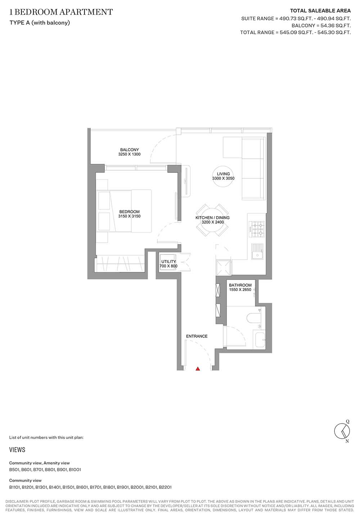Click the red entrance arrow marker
pyautogui.click(x=198, y=368)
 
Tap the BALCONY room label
pyautogui.click(x=129, y=150)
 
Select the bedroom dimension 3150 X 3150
pyautogui.click(x=129, y=216)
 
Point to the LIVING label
pyautogui.click(x=223, y=174)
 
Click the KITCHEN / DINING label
pyautogui.click(x=212, y=218)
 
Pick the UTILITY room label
pyautogui.click(x=168, y=261)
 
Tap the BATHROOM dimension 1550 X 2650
pyautogui.click(x=240, y=290)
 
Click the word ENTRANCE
pyautogui.click(x=197, y=336)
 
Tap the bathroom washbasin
pyautogui.click(x=260, y=340)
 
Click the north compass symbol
pyautogui.click(x=342, y=431)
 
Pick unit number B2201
pyautogui.click(x=165, y=487)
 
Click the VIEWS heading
pyautogui.click(x=17, y=450)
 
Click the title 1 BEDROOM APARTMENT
pyautogui.click(x=61, y=12)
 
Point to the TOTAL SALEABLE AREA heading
pyautogui.click(x=320, y=11)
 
